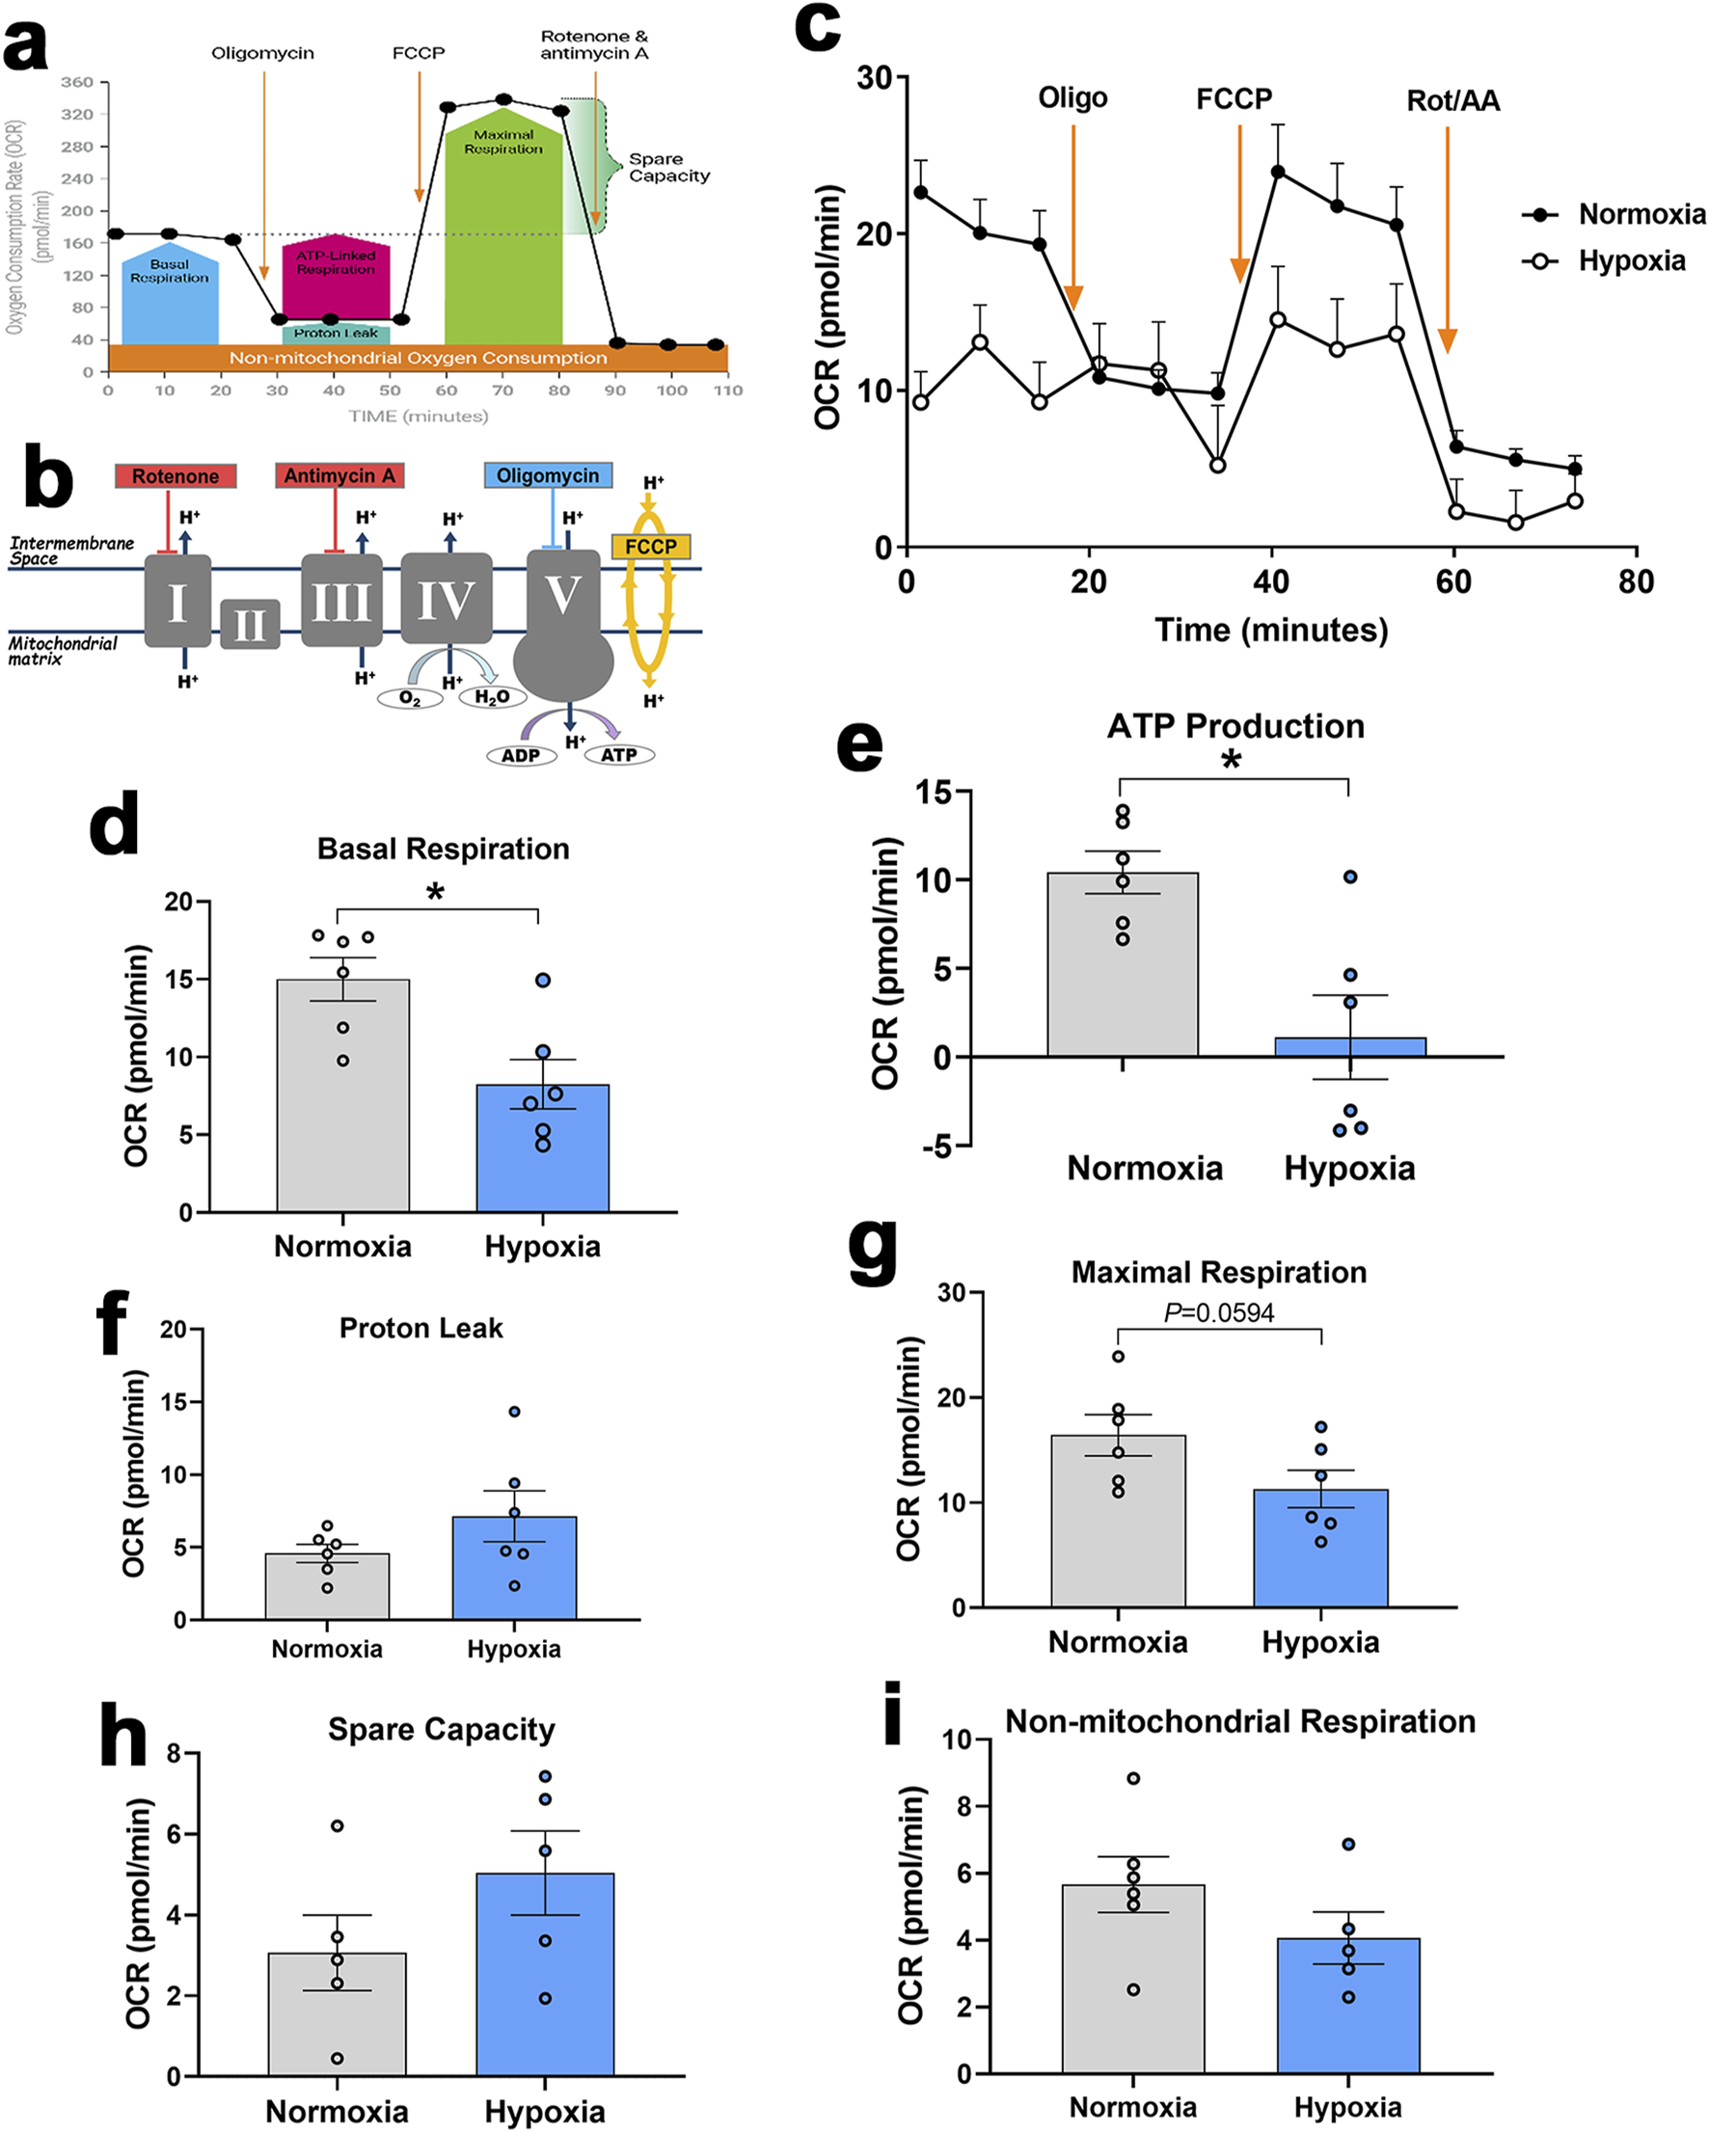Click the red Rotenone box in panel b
coord(176,475)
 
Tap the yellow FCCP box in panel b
coord(650,546)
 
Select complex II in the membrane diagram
coord(249,624)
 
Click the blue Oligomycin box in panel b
coord(548,475)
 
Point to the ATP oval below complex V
coord(619,754)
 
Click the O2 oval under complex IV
coord(410,698)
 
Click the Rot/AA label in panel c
coord(1451,101)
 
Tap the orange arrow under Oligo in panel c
coord(1073,218)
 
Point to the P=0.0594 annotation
coord(1218,1312)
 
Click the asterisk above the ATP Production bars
coord(1232,762)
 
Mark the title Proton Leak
coord(420,1328)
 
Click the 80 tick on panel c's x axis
coord(1636,581)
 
